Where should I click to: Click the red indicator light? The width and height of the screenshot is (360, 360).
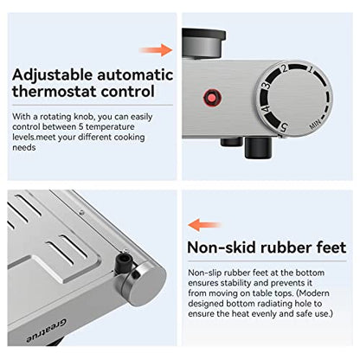coord(213,98)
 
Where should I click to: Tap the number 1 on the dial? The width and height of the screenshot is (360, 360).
coord(310,69)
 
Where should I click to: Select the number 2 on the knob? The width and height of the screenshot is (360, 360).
coord(284,68)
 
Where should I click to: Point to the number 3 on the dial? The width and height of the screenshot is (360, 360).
coord(267,86)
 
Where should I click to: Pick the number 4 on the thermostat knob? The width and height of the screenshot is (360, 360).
coord(266,109)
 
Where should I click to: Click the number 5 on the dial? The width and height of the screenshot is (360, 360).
coord(284,127)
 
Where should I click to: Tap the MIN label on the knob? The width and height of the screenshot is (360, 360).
coord(315,125)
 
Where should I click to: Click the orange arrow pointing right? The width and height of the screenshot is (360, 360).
coord(156,50)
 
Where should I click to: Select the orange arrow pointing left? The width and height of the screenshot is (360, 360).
coord(204,225)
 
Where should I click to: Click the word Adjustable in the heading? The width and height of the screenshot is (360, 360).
coord(52,75)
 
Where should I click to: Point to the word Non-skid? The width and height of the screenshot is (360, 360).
coord(222,247)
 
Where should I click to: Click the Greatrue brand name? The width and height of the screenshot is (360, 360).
coord(47,331)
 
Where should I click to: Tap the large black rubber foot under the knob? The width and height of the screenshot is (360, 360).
coord(258,147)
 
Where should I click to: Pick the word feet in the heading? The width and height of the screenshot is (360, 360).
coord(331,247)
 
